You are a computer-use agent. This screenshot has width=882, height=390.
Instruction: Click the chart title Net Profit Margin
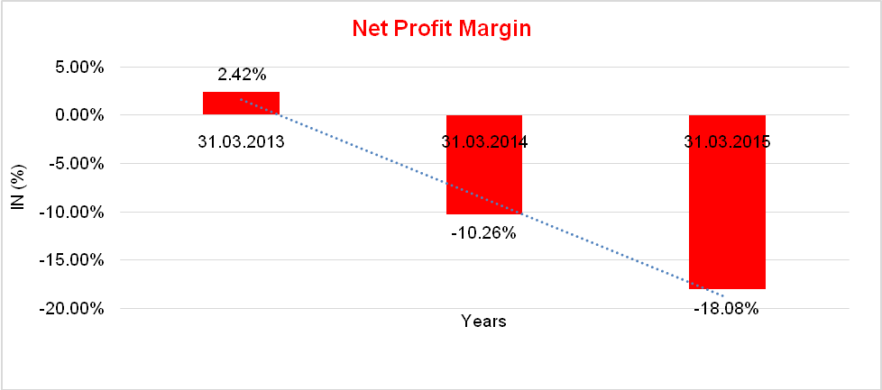click(441, 28)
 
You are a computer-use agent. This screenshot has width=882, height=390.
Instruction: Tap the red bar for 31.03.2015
click(727, 216)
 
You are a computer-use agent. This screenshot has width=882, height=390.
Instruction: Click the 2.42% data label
click(241, 75)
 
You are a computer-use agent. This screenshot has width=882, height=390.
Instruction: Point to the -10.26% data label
click(483, 233)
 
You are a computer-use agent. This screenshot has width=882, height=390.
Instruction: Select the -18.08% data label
click(726, 309)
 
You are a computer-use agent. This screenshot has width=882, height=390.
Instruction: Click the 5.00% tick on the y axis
click(80, 67)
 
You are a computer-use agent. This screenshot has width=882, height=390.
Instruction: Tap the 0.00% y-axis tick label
click(80, 115)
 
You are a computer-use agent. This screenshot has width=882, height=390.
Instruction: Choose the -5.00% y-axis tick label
click(78, 164)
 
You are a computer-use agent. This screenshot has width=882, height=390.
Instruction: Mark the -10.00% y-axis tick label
click(75, 213)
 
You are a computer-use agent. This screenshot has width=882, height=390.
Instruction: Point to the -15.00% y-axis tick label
click(75, 260)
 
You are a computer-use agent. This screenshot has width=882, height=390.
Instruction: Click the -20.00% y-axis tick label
click(75, 309)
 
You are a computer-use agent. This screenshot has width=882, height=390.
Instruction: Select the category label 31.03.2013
click(241, 141)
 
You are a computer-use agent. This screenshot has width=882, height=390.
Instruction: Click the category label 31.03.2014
click(484, 141)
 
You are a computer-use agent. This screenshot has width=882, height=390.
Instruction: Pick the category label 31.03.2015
click(727, 141)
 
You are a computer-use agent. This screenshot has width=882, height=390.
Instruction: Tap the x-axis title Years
click(483, 321)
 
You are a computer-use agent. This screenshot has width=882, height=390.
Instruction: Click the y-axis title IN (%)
click(17, 187)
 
